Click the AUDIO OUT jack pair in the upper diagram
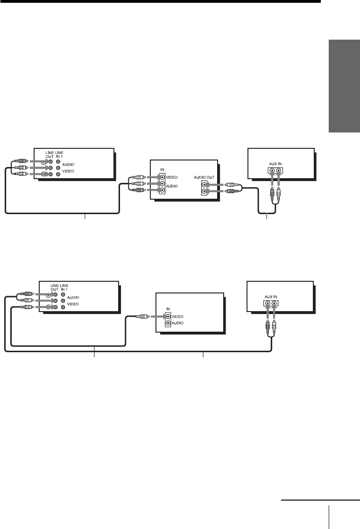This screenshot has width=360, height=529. (x=204, y=188)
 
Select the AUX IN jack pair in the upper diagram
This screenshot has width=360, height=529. (x=274, y=171)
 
